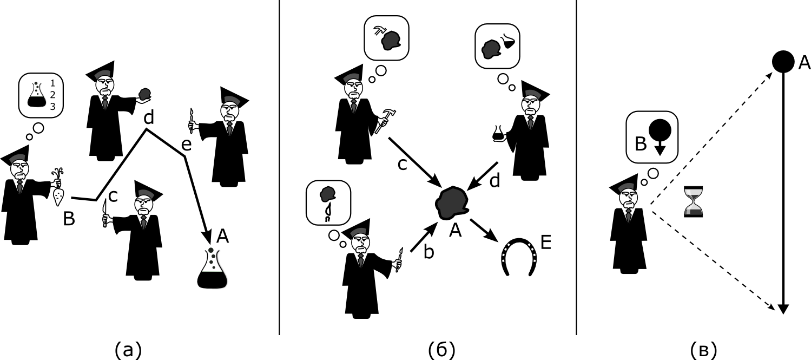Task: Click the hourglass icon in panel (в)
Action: (693, 201)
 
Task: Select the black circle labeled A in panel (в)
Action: (783, 62)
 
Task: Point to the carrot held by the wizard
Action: (58, 189)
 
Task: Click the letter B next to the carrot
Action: (69, 219)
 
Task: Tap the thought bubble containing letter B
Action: (651, 136)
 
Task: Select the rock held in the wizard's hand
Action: (144, 94)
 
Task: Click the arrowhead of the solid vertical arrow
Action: (783, 309)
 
